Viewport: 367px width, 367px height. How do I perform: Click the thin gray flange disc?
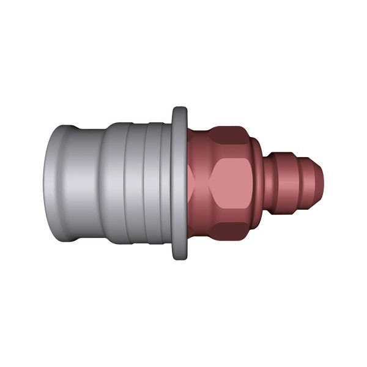[x=179, y=183]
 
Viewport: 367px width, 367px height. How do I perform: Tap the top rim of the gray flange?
[x=179, y=110]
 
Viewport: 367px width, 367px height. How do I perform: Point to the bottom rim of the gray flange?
[x=179, y=257]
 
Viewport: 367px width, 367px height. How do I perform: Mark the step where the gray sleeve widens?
[x=104, y=183]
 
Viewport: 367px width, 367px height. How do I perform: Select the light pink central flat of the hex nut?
[x=229, y=183]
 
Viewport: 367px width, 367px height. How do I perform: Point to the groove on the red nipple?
[x=295, y=183]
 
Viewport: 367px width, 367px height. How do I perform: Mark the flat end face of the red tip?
[x=324, y=183]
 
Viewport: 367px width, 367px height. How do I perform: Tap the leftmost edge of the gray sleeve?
[x=45, y=183]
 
